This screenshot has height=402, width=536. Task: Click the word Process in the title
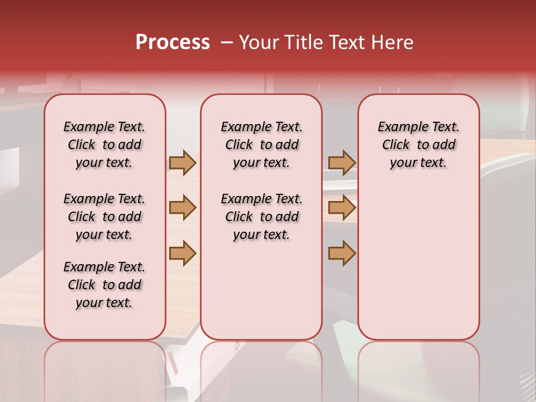tap(173, 42)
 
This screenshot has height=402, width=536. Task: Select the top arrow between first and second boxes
tap(183, 162)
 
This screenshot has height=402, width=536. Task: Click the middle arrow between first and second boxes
tap(183, 208)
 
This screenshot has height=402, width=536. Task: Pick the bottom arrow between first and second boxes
tap(183, 253)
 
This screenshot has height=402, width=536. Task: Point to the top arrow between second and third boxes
tap(342, 162)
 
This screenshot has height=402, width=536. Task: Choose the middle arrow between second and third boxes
tap(342, 208)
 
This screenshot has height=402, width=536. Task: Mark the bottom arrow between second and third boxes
tap(342, 253)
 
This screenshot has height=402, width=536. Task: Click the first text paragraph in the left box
tap(104, 145)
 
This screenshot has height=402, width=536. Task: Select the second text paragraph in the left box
tap(104, 217)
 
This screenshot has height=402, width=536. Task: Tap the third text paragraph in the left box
tap(104, 285)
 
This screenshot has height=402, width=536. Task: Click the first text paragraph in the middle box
tap(261, 145)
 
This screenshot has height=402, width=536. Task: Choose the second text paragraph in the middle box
tap(261, 217)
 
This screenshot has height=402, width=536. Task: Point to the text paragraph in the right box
tap(419, 145)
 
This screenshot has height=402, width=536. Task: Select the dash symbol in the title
tap(227, 42)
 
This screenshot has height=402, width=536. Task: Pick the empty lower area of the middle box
tap(261, 290)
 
